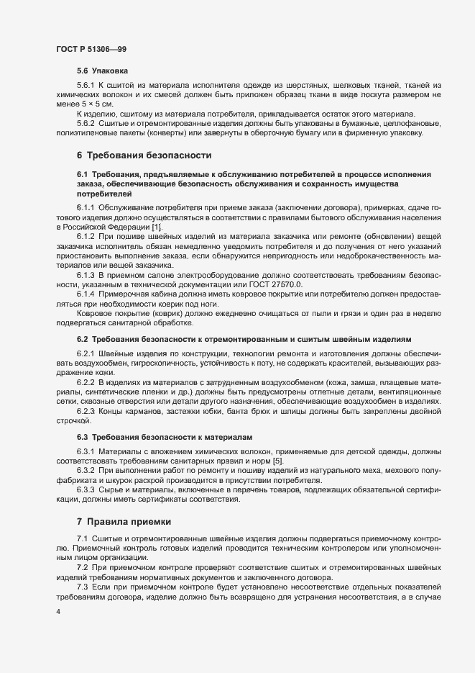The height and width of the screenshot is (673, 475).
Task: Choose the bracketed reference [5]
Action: point(277,461)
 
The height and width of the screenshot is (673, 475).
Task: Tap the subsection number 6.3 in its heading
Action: point(82,437)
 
